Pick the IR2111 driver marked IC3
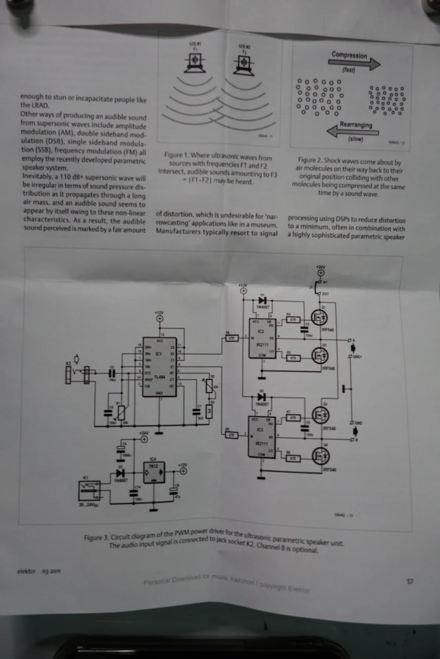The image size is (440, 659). click(261, 436)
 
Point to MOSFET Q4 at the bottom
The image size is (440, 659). click(319, 456)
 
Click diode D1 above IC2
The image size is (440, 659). click(261, 300)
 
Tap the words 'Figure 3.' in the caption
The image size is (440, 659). click(95, 537)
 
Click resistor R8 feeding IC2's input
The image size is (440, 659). click(231, 338)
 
